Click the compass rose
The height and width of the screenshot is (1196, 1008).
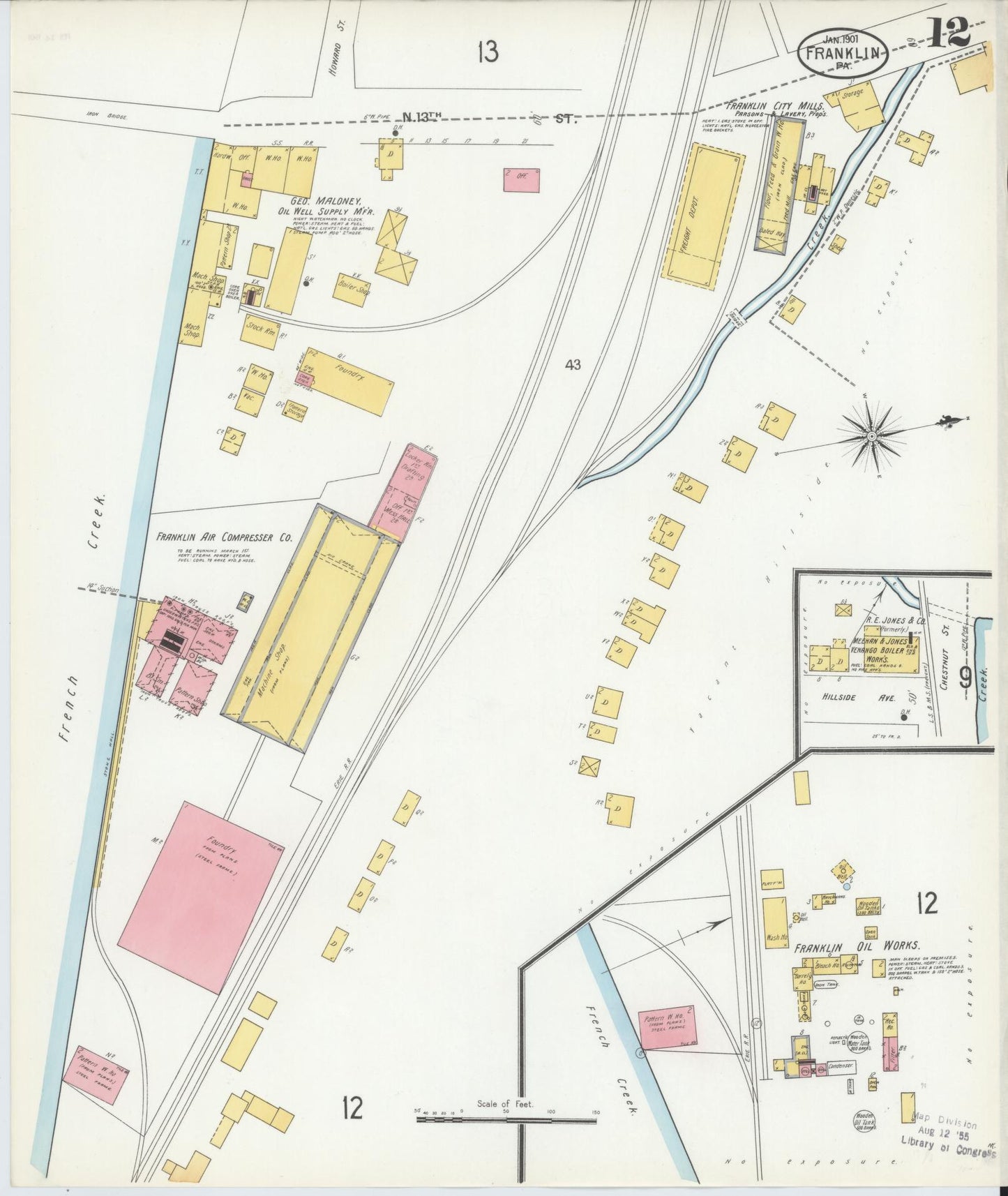[871, 436]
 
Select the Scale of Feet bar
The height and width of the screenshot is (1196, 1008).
[506, 1119]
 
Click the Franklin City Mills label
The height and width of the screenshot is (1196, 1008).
[766, 107]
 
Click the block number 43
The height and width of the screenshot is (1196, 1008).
[573, 364]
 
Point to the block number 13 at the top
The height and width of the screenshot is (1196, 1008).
[488, 52]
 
